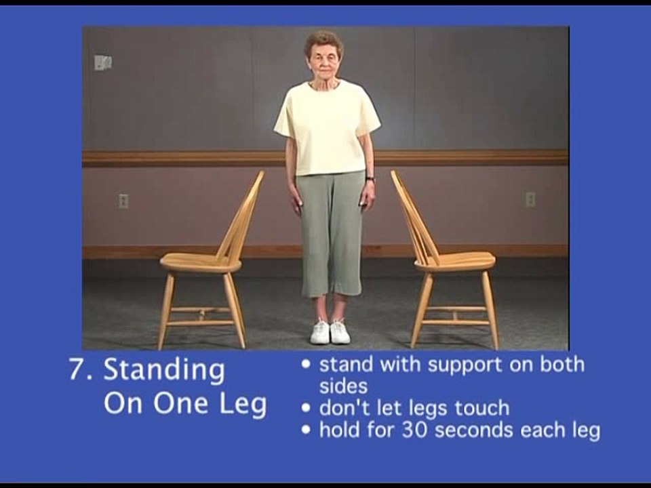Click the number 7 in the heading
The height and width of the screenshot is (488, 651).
[x=78, y=370]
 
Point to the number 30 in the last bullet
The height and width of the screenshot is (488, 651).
[x=414, y=430]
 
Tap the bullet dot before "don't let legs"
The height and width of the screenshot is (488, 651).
[x=307, y=408]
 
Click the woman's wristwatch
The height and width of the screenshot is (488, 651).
[x=370, y=180]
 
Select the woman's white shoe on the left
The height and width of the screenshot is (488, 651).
[x=320, y=332]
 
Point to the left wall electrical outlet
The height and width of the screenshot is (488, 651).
[x=123, y=201]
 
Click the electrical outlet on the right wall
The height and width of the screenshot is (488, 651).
[x=530, y=199]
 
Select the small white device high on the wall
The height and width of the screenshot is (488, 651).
[x=102, y=62]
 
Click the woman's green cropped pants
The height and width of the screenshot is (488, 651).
[x=330, y=230]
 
